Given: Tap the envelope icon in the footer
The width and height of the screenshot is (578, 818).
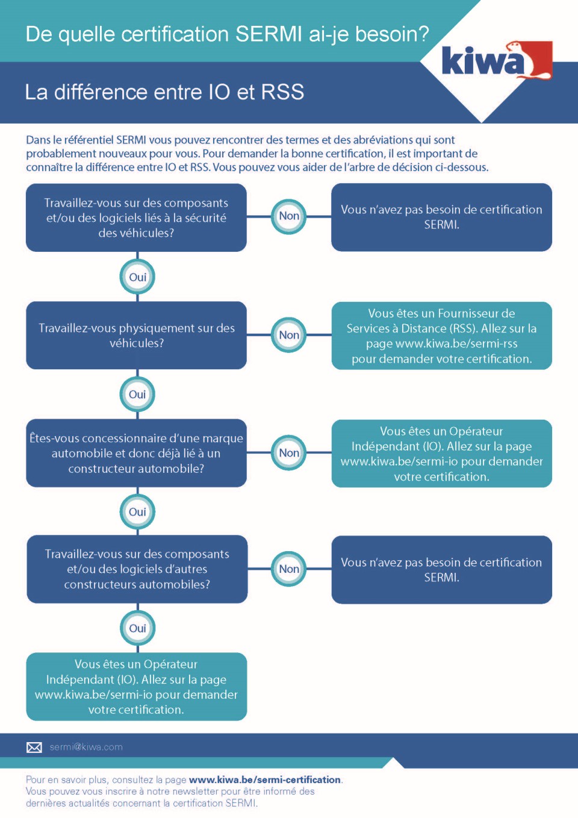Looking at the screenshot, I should [34, 748].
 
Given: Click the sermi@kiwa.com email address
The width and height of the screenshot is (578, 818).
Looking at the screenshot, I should [86, 748].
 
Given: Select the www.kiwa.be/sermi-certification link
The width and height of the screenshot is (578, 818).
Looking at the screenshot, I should [265, 779].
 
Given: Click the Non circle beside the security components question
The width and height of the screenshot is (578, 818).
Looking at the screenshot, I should [289, 216].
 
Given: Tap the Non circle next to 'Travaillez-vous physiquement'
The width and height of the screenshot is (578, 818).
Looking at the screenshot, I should [289, 335].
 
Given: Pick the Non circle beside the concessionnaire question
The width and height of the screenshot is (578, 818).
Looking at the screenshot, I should [289, 453].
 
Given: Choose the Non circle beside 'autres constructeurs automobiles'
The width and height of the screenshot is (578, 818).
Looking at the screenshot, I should [289, 569].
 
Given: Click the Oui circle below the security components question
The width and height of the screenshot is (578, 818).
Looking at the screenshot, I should [138, 278].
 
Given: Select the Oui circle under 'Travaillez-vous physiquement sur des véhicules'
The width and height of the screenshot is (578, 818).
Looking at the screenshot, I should [138, 395].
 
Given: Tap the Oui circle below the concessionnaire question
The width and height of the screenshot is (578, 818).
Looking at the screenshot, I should [138, 512].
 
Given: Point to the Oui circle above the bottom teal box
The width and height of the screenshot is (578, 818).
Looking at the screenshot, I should [138, 628].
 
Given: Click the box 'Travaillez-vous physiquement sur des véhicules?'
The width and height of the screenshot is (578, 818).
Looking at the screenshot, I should [137, 336].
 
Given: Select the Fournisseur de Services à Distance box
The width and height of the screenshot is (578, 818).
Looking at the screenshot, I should [441, 336].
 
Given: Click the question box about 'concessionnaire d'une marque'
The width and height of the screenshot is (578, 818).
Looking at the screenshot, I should [137, 453].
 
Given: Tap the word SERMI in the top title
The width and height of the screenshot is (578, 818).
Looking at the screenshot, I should [269, 34].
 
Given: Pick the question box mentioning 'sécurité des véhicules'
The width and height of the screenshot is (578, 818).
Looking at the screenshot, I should [137, 217].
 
